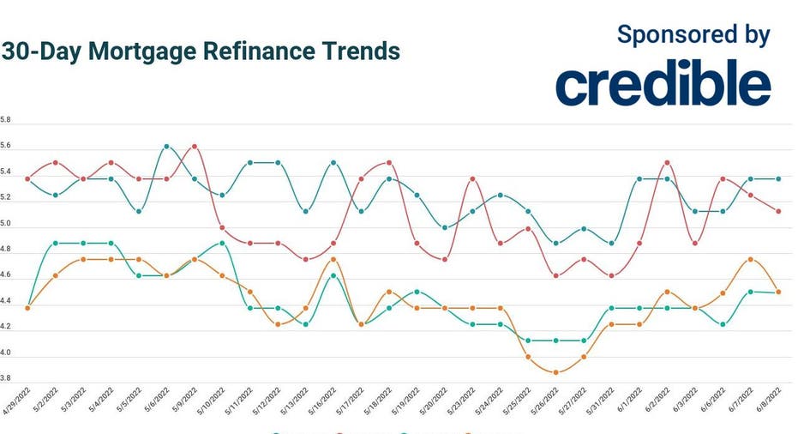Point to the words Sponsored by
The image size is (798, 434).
click(x=693, y=35)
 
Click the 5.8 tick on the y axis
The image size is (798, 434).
click(x=6, y=121)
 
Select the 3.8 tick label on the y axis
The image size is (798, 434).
click(x=6, y=378)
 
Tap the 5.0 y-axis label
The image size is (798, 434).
click(x=6, y=224)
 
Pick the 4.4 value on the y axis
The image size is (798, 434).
click(x=6, y=301)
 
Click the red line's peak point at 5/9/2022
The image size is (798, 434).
click(x=195, y=146)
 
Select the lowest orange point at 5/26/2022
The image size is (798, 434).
click(x=556, y=372)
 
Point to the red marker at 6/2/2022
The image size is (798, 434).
click(x=667, y=162)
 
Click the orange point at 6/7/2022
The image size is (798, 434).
click(x=751, y=259)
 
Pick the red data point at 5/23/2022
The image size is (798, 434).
click(x=472, y=179)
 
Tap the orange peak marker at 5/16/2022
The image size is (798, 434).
click(x=333, y=259)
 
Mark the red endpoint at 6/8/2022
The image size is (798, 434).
click(x=778, y=211)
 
